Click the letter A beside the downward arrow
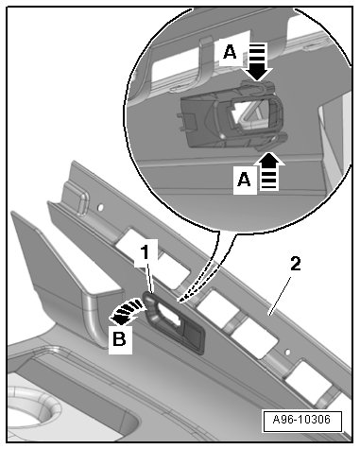click(230, 52)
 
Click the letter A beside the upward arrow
click(244, 180)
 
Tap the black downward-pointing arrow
click(258, 61)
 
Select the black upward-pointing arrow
click(268, 171)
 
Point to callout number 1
click(145, 253)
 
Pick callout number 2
click(296, 265)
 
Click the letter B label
click(120, 340)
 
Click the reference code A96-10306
click(301, 420)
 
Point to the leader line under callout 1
click(149, 277)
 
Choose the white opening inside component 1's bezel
click(168, 314)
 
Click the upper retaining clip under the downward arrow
click(258, 86)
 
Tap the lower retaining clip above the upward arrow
click(271, 141)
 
